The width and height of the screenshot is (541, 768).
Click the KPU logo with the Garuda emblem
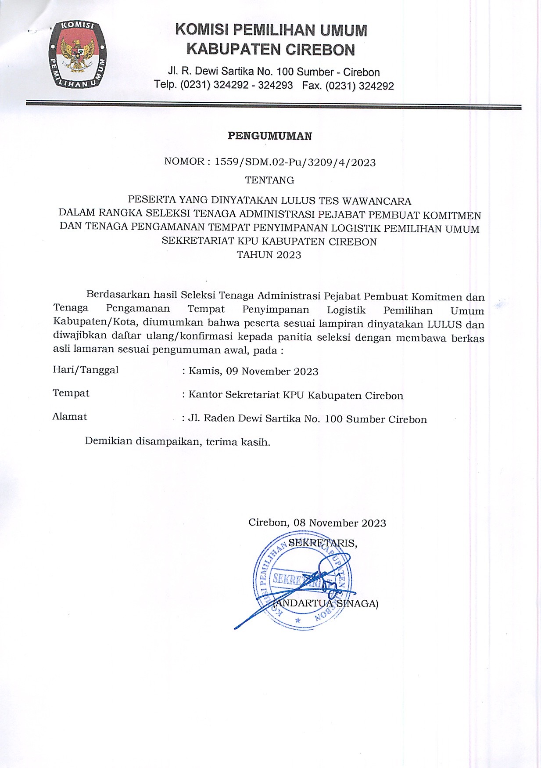coord(77,54)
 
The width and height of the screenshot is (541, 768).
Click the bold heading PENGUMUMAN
coord(270,136)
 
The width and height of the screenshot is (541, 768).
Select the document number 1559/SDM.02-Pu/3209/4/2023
coord(295,162)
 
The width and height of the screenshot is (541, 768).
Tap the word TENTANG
coord(269,180)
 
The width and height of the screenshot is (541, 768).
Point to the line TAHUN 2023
coord(269,255)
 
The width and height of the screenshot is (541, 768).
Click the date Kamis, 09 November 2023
coord(253,371)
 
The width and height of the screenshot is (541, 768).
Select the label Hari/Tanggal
coord(86,370)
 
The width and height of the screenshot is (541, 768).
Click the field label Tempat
coord(71,393)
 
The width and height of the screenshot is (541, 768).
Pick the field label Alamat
coord(70,416)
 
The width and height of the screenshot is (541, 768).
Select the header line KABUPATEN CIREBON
coord(271,49)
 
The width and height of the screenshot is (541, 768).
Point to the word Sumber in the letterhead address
coord(315,72)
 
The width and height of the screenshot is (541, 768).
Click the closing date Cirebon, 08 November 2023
coord(317,523)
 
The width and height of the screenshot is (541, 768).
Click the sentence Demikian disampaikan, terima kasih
coord(178,441)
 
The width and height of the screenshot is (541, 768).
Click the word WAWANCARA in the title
coord(376,201)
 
